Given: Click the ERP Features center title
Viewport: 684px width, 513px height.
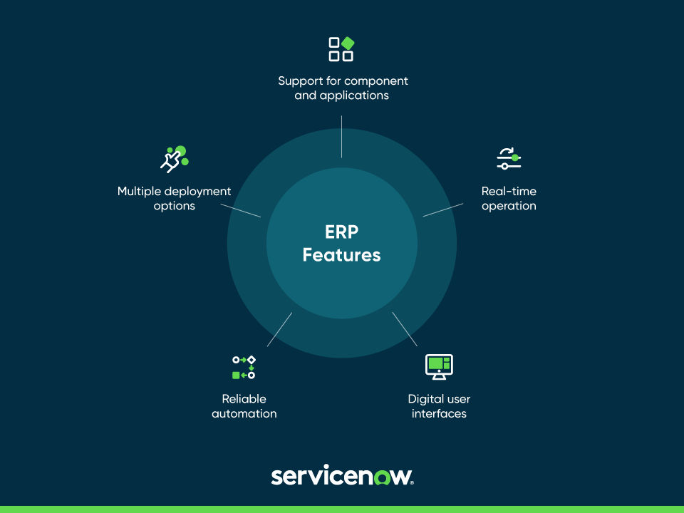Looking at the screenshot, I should pyautogui.click(x=342, y=244).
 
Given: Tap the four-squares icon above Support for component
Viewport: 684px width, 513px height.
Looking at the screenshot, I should pyautogui.click(x=341, y=49).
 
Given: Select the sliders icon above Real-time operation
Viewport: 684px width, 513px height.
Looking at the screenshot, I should pyautogui.click(x=509, y=158).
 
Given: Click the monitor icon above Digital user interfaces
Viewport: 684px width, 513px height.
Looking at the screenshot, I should pyautogui.click(x=439, y=367).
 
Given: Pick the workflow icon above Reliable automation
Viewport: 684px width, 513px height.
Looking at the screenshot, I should pyautogui.click(x=244, y=367).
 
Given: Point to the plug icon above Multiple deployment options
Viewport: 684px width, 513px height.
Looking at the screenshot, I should pyautogui.click(x=173, y=159).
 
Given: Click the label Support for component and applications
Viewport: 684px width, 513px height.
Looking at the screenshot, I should pyautogui.click(x=343, y=88).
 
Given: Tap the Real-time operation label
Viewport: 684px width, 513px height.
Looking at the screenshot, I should pyautogui.click(x=509, y=199).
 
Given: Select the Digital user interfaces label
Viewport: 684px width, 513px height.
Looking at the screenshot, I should pyautogui.click(x=439, y=406).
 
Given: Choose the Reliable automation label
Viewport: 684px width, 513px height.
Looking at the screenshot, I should pyautogui.click(x=244, y=406).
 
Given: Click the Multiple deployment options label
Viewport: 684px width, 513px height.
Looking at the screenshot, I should pyautogui.click(x=175, y=199).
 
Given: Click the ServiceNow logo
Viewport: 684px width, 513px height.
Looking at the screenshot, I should pyautogui.click(x=342, y=476).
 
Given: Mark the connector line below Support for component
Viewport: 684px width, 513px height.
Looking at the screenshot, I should pyautogui.click(x=342, y=137).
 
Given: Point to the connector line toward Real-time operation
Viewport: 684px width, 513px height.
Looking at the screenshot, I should pyautogui.click(x=442, y=209).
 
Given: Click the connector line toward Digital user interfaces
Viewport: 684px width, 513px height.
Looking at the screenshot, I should pyautogui.click(x=405, y=328).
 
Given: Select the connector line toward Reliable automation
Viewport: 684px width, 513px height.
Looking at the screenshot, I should pyautogui.click(x=279, y=329).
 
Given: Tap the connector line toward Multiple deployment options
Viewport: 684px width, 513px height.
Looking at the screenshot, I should pyautogui.click(x=241, y=209).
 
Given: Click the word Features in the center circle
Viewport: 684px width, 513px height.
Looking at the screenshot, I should pyautogui.click(x=342, y=255).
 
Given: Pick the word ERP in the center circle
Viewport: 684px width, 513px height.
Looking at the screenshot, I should pyautogui.click(x=342, y=232).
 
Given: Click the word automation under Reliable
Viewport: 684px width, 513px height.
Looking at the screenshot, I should pyautogui.click(x=244, y=413).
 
